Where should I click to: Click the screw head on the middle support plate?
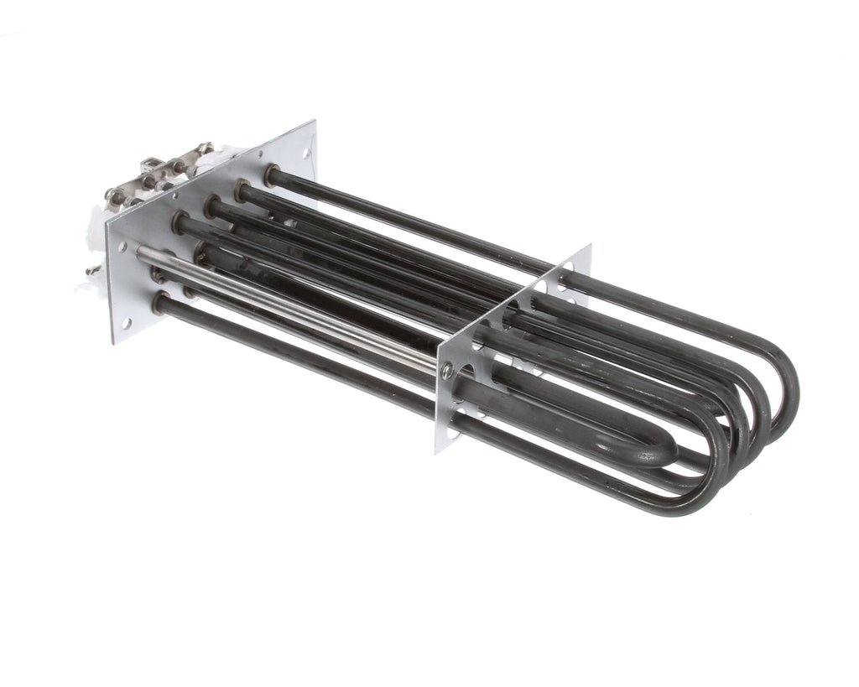click(447, 369)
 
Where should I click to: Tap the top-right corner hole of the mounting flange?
click(307, 153)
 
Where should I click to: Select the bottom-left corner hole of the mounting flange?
click(127, 323)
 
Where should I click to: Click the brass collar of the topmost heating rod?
click(271, 174)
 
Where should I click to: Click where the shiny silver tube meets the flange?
click(143, 251)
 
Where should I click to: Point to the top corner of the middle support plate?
click(590, 246)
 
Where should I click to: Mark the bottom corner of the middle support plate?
click(437, 452)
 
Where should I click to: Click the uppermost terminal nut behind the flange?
click(204, 148)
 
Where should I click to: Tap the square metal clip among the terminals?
click(150, 164)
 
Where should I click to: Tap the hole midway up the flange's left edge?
click(122, 247)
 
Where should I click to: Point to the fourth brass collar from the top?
click(179, 222)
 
